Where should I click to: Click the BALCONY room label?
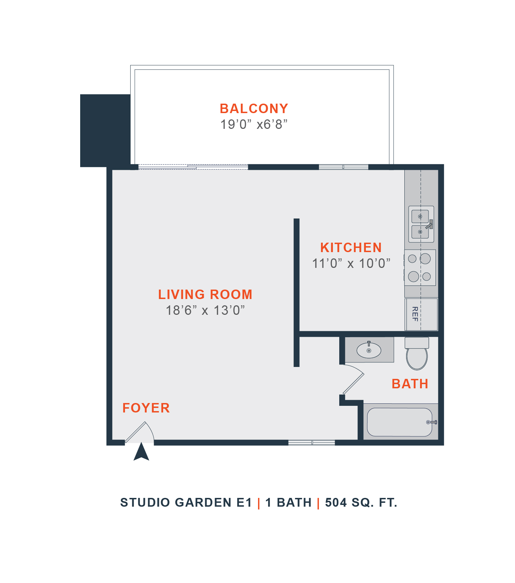click(x=254, y=109)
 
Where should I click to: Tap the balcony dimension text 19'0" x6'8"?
click(x=254, y=124)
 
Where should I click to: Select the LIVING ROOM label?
click(x=205, y=294)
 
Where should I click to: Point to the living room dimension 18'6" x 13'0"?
click(x=205, y=310)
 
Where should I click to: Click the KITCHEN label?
click(x=351, y=248)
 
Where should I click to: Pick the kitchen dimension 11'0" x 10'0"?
click(x=351, y=263)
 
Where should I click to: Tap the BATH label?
click(x=410, y=384)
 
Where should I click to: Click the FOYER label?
click(x=146, y=408)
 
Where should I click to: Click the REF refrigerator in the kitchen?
click(x=421, y=314)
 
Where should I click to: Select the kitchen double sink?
click(x=421, y=224)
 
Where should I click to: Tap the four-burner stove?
click(x=420, y=268)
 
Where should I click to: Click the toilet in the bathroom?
click(x=417, y=354)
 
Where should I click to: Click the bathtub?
click(x=400, y=422)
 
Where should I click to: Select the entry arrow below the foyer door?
click(x=141, y=452)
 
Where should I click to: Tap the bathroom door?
click(x=354, y=383)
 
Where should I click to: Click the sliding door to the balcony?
click(x=193, y=167)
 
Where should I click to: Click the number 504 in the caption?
click(x=336, y=502)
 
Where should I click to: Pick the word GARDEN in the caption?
click(x=203, y=502)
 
